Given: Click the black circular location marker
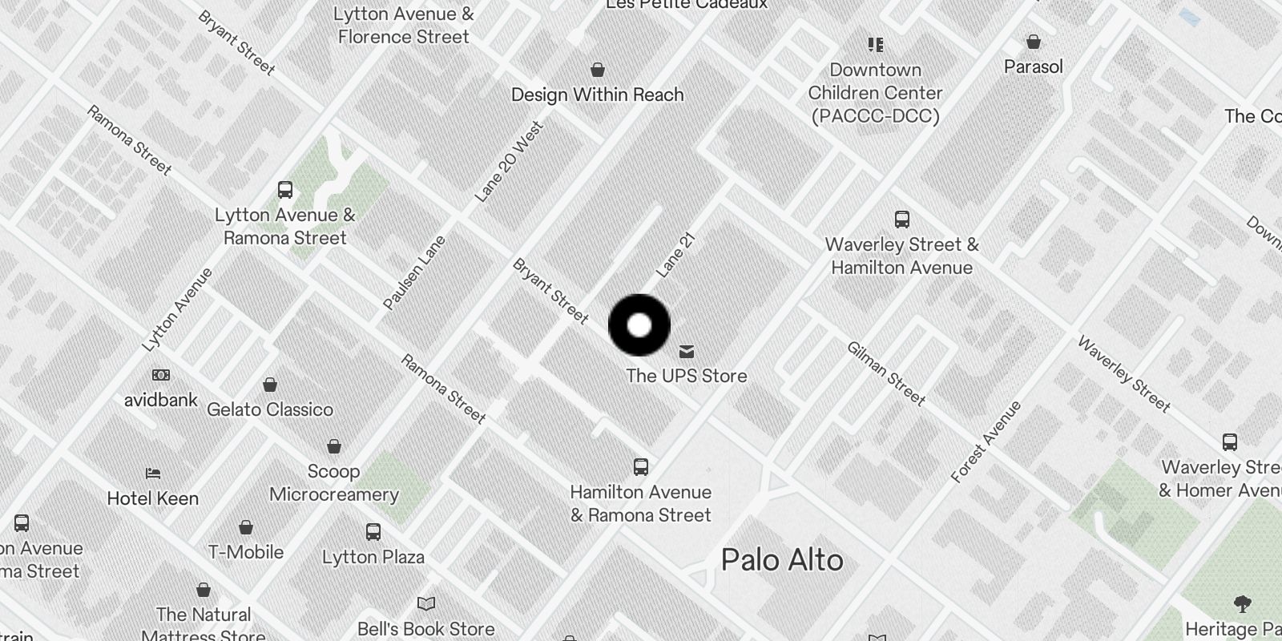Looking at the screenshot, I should click(x=639, y=325).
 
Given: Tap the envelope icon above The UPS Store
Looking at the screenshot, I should click(x=687, y=352).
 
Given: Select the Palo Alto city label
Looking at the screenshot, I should click(x=782, y=559).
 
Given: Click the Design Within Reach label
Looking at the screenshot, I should click(x=598, y=95).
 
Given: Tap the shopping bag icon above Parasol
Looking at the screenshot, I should click(x=1034, y=42).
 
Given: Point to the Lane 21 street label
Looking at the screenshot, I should click(x=675, y=255).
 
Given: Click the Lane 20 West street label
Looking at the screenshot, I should click(x=509, y=161).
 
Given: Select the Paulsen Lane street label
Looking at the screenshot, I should click(x=413, y=272).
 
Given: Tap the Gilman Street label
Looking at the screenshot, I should click(x=886, y=373).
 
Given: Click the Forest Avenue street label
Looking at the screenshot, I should click(x=986, y=441).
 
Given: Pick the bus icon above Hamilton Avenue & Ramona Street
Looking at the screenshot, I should click(x=641, y=467).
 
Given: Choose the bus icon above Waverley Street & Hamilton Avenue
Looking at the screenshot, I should click(x=902, y=220).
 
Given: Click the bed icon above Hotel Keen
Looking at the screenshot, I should click(x=153, y=474).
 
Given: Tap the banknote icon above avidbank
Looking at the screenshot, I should click(x=161, y=375).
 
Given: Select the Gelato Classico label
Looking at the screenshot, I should click(x=270, y=409).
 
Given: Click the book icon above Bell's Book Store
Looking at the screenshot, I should click(x=426, y=603).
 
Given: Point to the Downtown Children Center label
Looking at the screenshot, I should click(x=875, y=93).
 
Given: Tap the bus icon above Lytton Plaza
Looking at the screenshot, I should click(x=373, y=532).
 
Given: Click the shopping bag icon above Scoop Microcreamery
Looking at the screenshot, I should click(x=334, y=446).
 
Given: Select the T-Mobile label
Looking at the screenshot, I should click(x=246, y=552).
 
